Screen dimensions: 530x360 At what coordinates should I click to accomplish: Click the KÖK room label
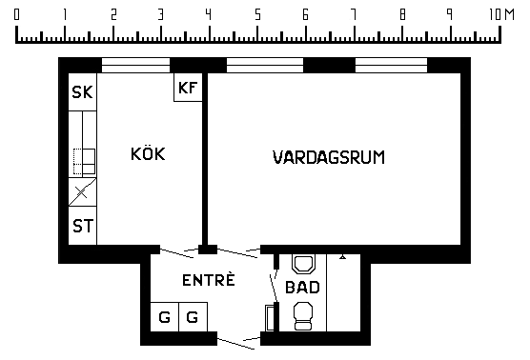[148, 153]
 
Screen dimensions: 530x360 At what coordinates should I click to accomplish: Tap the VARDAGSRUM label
[329, 157]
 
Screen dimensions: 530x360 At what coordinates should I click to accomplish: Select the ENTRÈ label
[208, 280]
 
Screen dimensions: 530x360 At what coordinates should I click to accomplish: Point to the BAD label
[302, 287]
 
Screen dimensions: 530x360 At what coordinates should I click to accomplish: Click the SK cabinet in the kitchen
[83, 91]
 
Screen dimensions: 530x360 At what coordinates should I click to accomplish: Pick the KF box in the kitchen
[188, 88]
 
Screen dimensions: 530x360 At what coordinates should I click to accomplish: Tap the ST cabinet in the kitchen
[83, 226]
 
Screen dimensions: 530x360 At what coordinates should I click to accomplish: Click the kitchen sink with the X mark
[83, 192]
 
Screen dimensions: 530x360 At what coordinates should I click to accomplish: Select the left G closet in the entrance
[164, 317]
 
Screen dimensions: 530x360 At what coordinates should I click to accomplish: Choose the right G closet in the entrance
[193, 317]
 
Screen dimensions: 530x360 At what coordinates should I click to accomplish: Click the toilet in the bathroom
[303, 316]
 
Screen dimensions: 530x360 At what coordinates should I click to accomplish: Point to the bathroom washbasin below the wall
[303, 264]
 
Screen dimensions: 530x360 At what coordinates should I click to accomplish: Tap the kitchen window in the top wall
[135, 65]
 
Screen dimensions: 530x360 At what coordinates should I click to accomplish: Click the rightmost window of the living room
[391, 65]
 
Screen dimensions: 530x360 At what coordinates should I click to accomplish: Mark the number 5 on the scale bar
[257, 14]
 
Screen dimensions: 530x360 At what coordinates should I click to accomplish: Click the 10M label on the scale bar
[501, 14]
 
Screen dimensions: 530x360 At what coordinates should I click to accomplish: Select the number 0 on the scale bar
[16, 14]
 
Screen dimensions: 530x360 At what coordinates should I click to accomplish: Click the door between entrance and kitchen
[176, 253]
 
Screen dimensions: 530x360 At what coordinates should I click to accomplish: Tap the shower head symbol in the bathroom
[343, 257]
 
